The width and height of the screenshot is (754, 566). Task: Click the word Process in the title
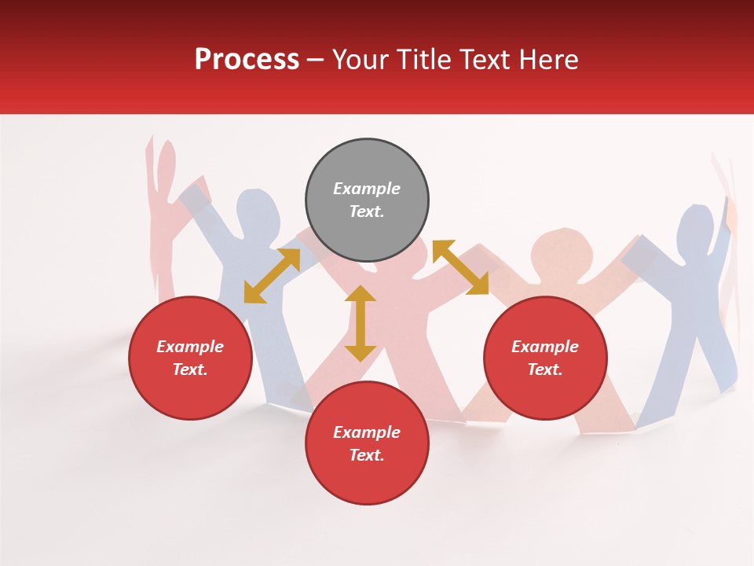(x=247, y=60)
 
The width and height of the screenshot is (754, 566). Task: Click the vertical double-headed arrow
(x=361, y=323)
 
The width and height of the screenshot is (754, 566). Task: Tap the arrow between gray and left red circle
(x=272, y=276)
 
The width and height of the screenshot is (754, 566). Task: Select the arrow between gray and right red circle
(x=460, y=268)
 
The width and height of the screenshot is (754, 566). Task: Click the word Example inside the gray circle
(x=367, y=189)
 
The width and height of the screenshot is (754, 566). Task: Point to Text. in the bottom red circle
(x=367, y=455)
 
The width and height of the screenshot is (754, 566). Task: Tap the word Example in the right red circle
(x=545, y=347)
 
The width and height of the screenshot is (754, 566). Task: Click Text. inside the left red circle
(x=190, y=369)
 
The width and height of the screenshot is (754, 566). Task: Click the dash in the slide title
(x=315, y=61)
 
